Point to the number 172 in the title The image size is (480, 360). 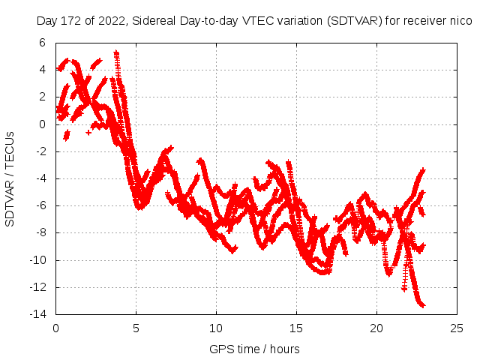[x=67, y=21]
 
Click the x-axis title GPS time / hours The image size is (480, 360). [x=255, y=349]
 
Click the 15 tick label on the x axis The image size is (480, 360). [x=296, y=328]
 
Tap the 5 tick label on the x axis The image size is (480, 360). [x=136, y=328]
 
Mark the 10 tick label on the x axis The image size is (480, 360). [x=216, y=328]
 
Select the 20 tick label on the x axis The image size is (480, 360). [x=376, y=328]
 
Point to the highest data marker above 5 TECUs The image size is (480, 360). [x=116, y=53]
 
